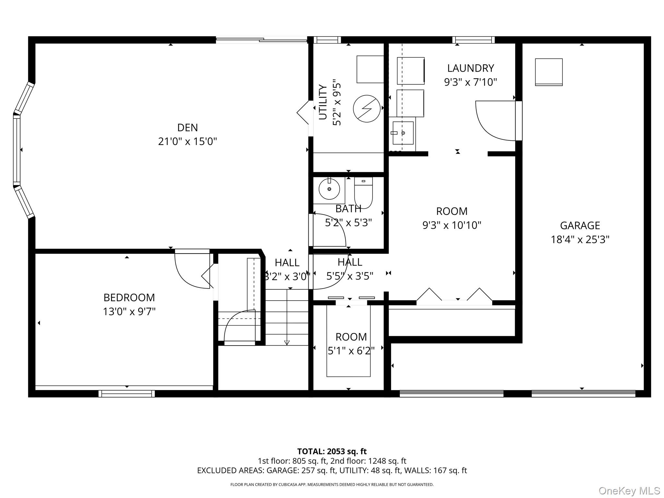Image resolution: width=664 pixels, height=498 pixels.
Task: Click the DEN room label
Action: (187, 127)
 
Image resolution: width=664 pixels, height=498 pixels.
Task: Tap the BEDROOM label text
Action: (129, 297)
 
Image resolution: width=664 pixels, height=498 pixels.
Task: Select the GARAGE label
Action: (580, 225)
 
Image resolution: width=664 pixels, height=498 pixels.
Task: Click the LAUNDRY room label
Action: (470, 68)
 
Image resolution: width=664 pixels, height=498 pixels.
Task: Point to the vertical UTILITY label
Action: (323, 102)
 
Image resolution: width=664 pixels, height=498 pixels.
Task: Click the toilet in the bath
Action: (363, 192)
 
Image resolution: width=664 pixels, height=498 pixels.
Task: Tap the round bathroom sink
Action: (329, 189)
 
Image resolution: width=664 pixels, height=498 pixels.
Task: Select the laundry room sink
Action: (403, 133)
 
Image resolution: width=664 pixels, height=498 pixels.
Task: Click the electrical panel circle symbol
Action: (367, 109)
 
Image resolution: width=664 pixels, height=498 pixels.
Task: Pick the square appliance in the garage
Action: (549, 72)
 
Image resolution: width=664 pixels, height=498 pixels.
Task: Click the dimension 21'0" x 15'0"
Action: (187, 142)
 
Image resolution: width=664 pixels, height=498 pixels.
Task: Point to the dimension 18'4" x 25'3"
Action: (580, 240)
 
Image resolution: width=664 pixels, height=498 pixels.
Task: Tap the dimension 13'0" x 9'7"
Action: (129, 312)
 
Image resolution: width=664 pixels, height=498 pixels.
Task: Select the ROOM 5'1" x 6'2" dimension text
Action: (351, 351)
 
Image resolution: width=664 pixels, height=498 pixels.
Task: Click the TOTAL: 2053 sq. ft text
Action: (332, 451)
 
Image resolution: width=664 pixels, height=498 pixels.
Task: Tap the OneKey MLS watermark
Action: (629, 491)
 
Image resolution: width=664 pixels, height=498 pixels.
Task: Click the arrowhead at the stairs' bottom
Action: (287, 342)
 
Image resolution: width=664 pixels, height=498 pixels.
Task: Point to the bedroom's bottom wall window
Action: (127, 394)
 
